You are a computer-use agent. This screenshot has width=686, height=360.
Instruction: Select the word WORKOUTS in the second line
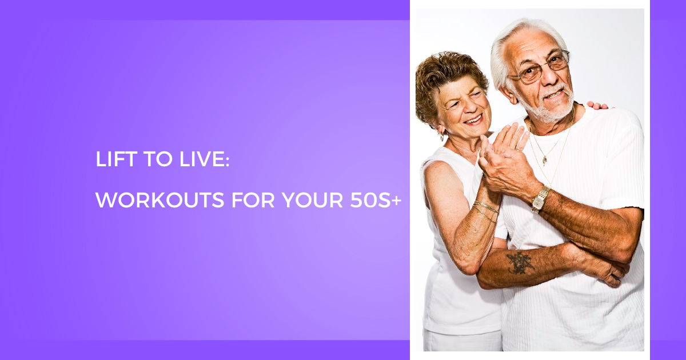tap(160, 200)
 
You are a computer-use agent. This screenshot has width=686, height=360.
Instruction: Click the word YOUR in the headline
tap(312, 200)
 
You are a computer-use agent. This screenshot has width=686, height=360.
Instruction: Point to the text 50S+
tap(376, 200)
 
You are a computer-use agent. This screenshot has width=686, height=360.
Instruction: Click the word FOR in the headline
tap(253, 200)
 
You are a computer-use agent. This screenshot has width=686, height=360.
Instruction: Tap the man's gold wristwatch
tap(540, 199)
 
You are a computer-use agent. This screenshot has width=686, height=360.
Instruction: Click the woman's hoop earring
tap(442, 138)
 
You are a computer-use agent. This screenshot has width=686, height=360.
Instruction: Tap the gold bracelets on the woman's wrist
tap(485, 210)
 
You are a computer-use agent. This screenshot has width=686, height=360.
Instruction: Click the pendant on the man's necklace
tap(544, 161)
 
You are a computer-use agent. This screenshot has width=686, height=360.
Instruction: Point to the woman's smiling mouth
tap(473, 119)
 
